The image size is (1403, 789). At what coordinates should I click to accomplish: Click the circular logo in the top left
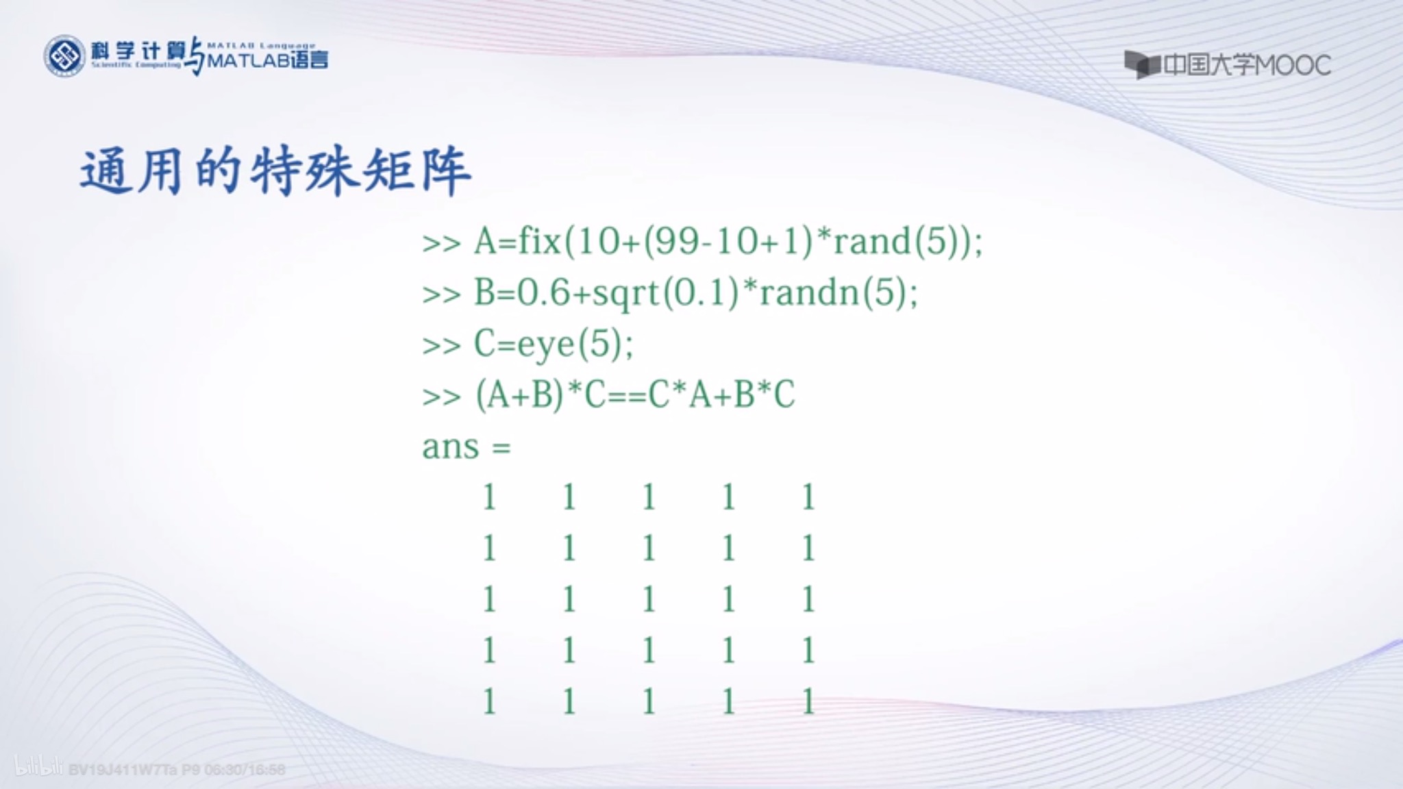click(x=64, y=56)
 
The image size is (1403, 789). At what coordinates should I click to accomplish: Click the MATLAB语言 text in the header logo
click(x=267, y=61)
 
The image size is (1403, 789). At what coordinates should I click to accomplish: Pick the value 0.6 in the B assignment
click(x=543, y=293)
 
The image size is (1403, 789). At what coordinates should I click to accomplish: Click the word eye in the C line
click(x=545, y=345)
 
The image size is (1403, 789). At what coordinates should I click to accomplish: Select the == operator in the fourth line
click(x=627, y=396)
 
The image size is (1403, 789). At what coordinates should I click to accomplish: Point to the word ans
click(x=450, y=447)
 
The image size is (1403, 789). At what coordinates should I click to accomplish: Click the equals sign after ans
click(x=501, y=449)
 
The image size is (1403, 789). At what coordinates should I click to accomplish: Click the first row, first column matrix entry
click(x=489, y=497)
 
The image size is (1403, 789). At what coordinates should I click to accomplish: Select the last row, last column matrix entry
click(x=808, y=702)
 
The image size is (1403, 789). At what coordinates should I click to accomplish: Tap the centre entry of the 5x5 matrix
click(x=649, y=600)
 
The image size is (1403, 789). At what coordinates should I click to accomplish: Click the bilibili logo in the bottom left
click(x=38, y=766)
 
